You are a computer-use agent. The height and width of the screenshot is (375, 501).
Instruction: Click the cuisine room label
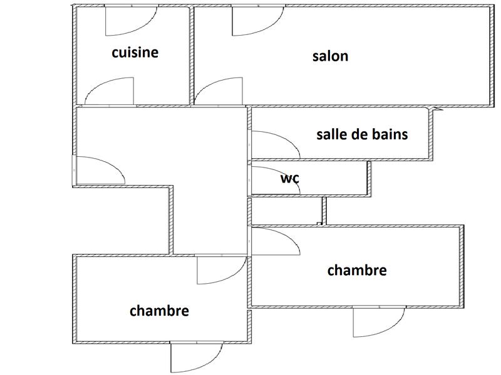(135, 52)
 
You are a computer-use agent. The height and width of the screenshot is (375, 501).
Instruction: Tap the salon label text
(330, 56)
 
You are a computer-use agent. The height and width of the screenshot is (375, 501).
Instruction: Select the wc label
(290, 178)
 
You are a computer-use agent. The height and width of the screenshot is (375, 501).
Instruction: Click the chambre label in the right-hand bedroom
(357, 271)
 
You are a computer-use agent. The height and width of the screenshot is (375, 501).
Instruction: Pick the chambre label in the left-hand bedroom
(159, 311)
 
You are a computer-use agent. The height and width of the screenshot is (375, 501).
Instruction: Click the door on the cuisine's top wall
(125, 22)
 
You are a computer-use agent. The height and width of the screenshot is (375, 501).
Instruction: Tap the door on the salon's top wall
(254, 22)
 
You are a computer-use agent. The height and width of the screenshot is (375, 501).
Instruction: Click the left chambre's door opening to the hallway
(219, 270)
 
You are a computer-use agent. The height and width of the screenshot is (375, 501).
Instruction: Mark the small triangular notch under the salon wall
(436, 109)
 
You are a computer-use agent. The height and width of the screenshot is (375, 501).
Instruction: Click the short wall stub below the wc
(324, 211)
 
